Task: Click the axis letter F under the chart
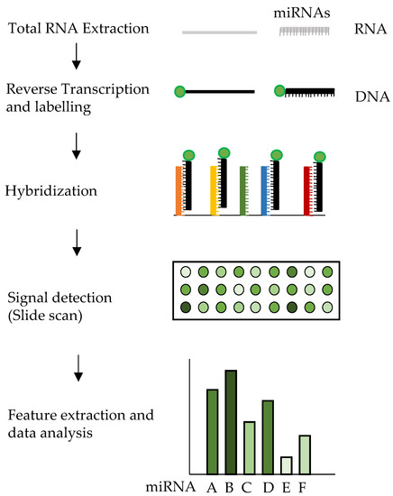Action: pyautogui.click(x=304, y=486)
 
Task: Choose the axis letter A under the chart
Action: pyautogui.click(x=212, y=486)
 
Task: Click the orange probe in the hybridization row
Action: pyautogui.click(x=179, y=190)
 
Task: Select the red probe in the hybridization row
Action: pyautogui.click(x=307, y=190)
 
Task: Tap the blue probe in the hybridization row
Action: pyautogui.click(x=265, y=190)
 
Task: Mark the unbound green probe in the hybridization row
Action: pyautogui.click(x=243, y=190)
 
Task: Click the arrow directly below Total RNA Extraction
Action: pyautogui.click(x=77, y=60)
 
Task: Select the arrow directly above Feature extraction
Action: pyautogui.click(x=77, y=366)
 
